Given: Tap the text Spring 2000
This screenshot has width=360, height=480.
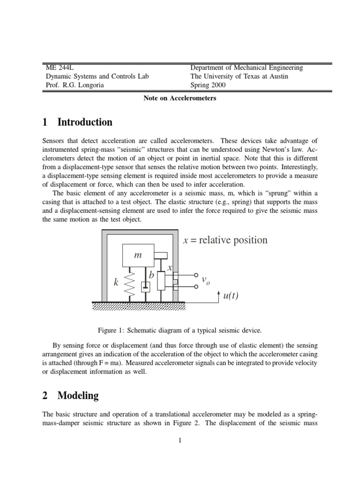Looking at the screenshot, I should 208,85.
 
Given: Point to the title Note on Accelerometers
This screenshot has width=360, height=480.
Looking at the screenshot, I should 180,98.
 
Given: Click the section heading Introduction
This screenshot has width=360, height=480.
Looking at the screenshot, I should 85,122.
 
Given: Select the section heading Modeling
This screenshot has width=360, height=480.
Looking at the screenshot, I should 78,395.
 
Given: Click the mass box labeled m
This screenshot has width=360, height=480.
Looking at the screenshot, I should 138,255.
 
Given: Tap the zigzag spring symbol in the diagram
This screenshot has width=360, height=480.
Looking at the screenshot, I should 132,284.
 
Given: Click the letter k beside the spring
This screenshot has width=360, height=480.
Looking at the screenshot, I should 116,283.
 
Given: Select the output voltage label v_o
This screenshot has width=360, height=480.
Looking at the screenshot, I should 205,280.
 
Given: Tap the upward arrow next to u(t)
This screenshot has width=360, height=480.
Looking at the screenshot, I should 218,296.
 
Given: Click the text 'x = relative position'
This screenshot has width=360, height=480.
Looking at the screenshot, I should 225,240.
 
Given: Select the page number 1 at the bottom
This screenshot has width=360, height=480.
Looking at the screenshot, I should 180,440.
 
